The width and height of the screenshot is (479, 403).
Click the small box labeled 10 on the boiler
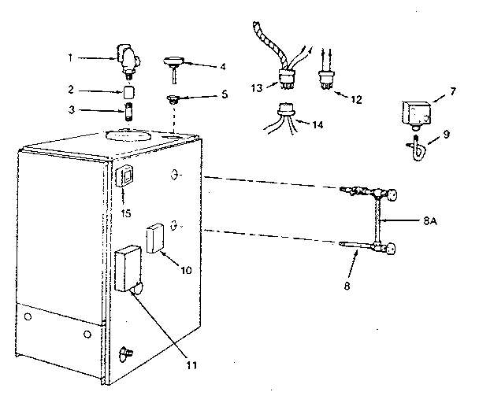coord(155,238)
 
